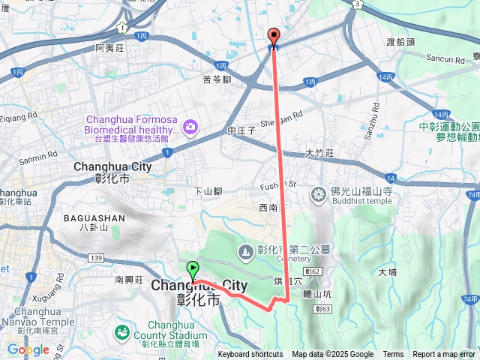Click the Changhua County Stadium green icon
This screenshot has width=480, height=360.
click(121, 331)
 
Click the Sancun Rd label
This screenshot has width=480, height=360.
click(445, 58)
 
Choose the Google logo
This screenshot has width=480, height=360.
click(28, 349)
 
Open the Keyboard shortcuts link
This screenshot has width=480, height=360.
click(250, 355)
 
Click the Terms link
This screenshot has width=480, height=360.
click(393, 355)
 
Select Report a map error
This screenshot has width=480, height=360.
click(444, 355)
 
